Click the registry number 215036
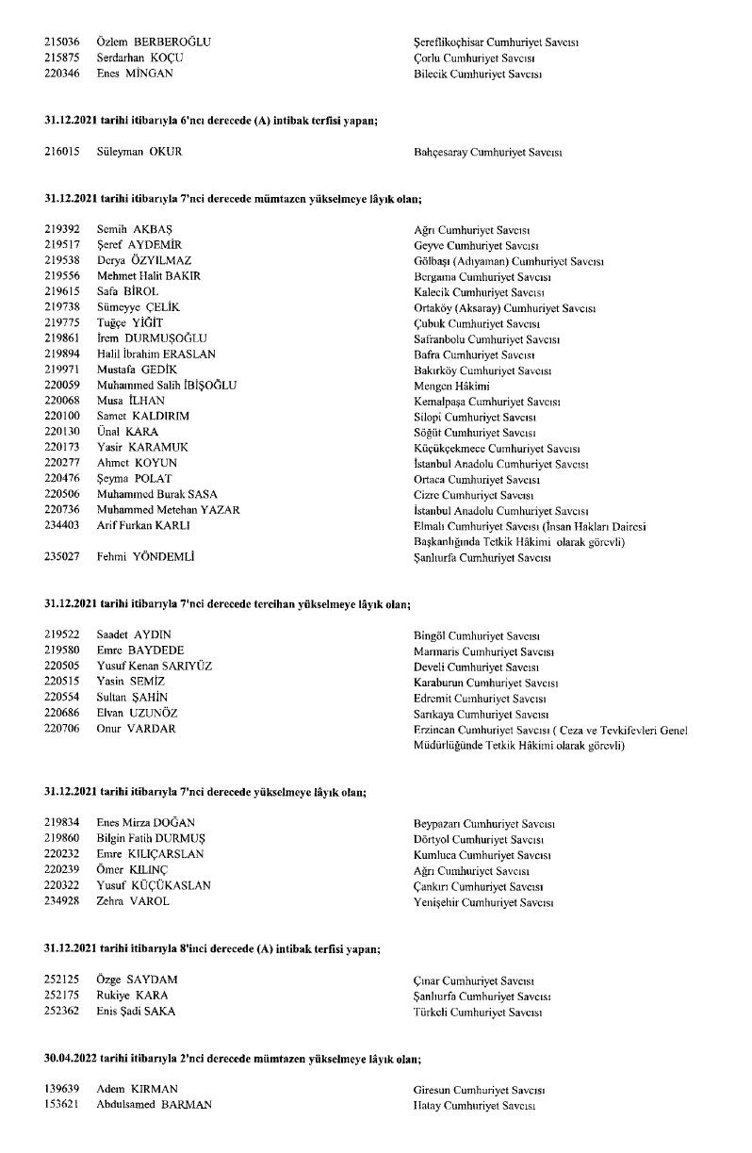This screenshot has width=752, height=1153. [61, 42]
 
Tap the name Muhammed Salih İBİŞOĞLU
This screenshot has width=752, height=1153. [167, 385]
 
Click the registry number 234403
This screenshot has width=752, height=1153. [61, 524]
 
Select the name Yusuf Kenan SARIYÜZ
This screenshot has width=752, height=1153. [155, 666]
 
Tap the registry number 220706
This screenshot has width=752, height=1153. [61, 728]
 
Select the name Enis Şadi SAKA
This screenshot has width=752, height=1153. [136, 1012]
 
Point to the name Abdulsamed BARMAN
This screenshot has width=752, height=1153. [155, 1105]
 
